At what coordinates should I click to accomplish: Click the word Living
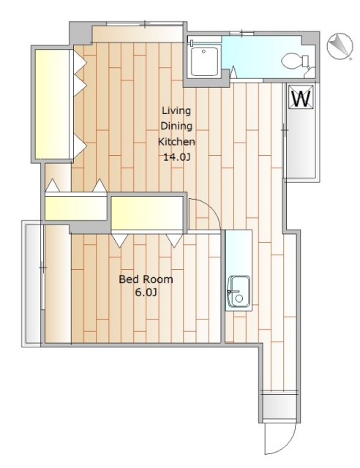click(x=176, y=110)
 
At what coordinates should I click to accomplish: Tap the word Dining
click(x=176, y=126)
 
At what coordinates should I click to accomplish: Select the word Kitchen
click(x=176, y=141)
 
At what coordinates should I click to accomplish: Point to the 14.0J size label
click(x=176, y=157)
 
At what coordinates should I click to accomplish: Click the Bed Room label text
click(x=146, y=279)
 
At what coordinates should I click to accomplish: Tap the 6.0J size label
click(x=146, y=292)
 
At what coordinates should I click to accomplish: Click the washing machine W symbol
click(x=301, y=97)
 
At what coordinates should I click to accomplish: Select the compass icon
click(x=340, y=45)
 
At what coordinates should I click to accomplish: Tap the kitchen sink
click(x=239, y=291)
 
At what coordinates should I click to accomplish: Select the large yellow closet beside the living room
click(x=53, y=104)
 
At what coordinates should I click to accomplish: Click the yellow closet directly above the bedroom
click(x=147, y=213)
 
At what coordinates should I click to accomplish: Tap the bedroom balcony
click(x=34, y=284)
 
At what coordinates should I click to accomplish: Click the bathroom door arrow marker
click(x=233, y=72)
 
